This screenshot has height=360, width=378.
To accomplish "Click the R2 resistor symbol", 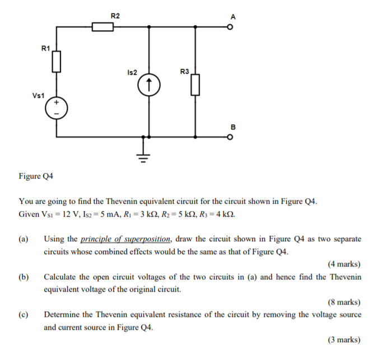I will click(103, 26).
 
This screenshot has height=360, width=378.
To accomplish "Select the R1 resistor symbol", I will click(56, 63).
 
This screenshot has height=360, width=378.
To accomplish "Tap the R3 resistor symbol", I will click(195, 85).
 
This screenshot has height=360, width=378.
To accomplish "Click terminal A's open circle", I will click(229, 27).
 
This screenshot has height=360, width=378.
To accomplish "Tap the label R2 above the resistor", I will click(115, 16).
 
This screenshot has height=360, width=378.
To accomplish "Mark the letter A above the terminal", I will click(233, 17).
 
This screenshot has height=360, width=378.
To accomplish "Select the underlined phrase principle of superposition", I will click(126, 239).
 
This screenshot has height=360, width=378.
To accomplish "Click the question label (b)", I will click(24, 277).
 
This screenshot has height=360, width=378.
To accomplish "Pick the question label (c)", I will click(24, 314).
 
